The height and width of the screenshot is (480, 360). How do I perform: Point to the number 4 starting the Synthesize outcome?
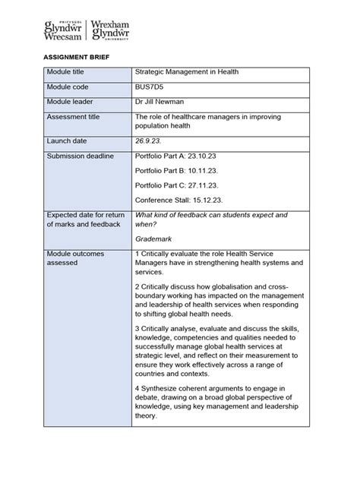tap(137, 388)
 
